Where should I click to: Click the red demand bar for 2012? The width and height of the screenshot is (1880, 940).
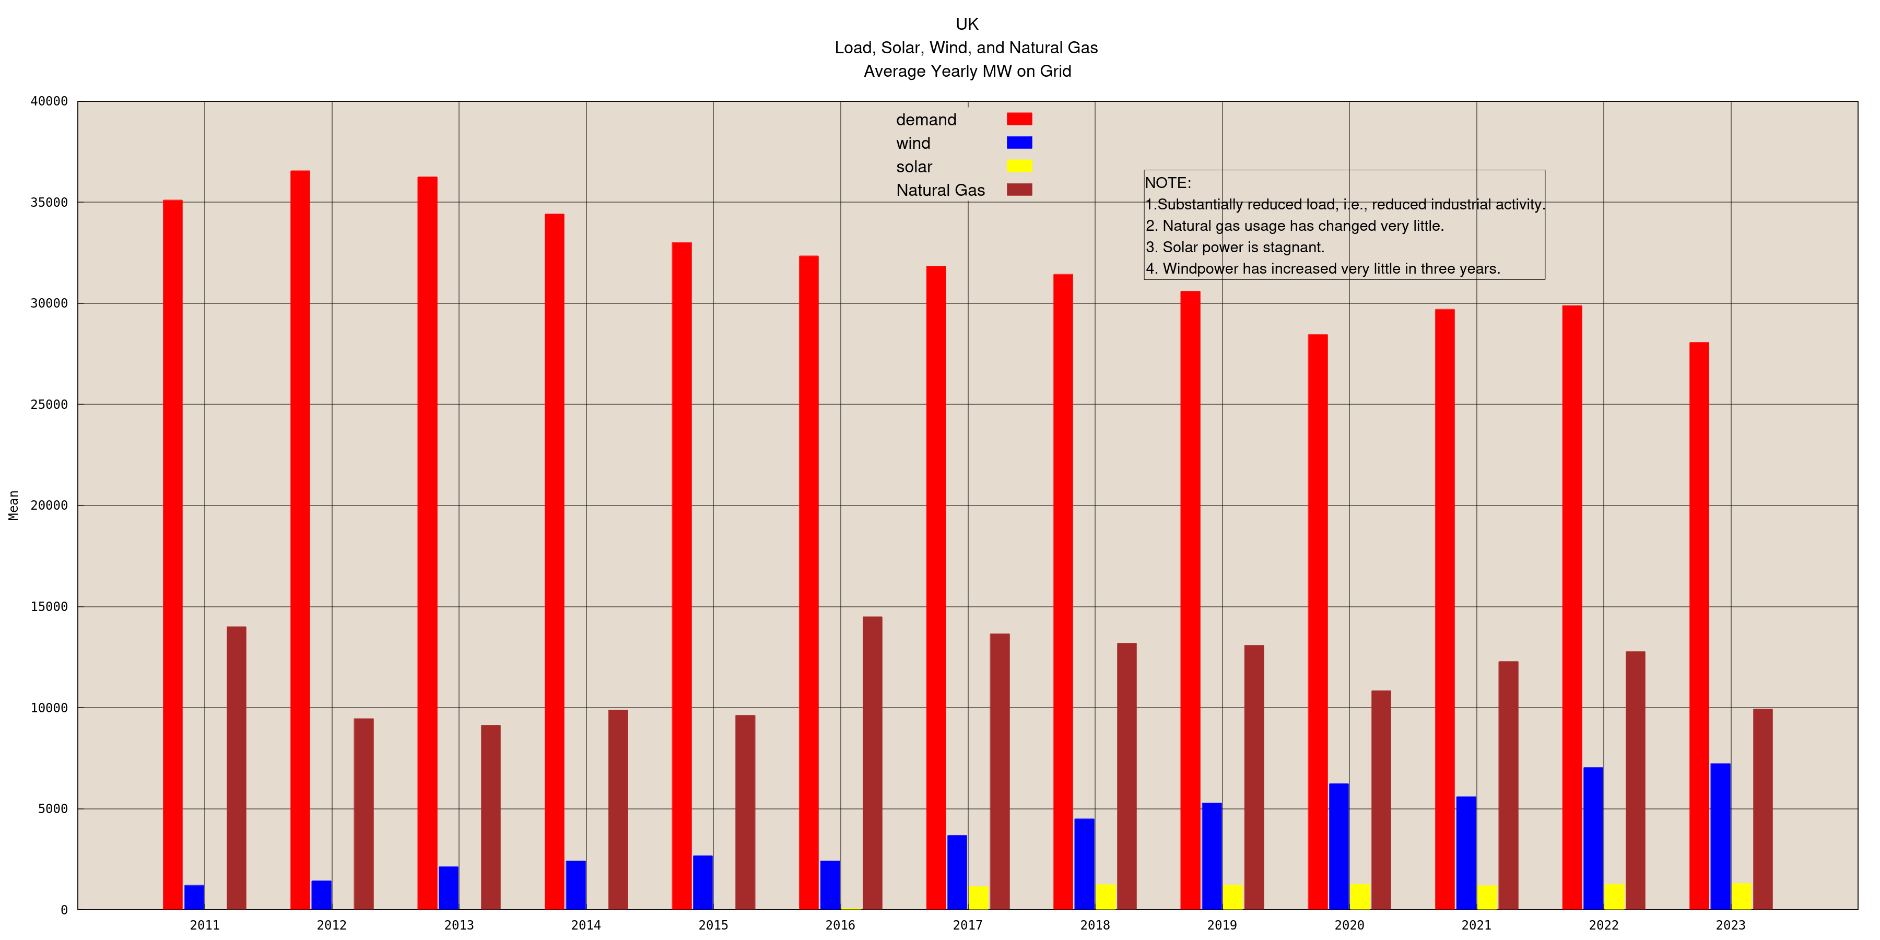300,540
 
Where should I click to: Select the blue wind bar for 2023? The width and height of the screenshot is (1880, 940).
1720,837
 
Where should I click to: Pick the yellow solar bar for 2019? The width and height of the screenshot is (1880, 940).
1232,897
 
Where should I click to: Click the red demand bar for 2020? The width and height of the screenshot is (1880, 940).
1318,622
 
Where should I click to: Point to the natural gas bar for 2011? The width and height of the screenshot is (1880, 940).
237,768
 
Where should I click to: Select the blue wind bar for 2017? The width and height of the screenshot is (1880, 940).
957,872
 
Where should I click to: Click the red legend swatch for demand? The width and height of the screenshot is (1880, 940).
1019,119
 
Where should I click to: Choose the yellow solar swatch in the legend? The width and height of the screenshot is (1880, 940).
1019,166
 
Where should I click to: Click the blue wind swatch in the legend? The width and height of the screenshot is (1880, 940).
1019,143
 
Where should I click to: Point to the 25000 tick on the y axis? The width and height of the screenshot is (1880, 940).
49,404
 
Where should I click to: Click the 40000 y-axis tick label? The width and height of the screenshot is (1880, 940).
49,101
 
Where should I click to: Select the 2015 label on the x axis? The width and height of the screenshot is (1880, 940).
713,925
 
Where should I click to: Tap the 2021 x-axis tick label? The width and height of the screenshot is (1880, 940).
1476,925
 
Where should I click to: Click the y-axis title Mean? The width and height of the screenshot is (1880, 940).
13,505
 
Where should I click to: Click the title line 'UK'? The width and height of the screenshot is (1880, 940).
967,24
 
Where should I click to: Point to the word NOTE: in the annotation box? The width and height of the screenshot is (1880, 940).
1168,182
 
